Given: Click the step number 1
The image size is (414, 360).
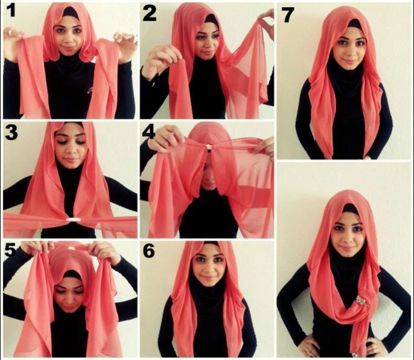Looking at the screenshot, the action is click(x=11, y=11).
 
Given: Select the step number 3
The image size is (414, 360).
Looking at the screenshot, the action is click(x=11, y=132).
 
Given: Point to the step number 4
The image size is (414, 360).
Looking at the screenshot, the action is click(x=148, y=132).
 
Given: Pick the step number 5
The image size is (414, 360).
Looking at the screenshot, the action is click(x=10, y=250).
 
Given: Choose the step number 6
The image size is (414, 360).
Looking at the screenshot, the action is click(x=148, y=251).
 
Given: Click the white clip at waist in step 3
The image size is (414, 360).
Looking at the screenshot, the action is click(x=71, y=220).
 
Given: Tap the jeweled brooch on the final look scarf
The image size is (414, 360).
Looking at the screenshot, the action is click(x=359, y=301).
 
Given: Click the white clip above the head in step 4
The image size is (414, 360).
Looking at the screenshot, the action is click(x=209, y=147).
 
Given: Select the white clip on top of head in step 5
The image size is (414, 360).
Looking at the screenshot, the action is click(x=71, y=248).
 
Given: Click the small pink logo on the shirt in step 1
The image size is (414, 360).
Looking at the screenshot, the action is click(x=89, y=91).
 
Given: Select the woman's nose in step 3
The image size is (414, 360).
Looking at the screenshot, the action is click(x=70, y=150).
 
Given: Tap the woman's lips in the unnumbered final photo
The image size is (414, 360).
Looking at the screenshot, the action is click(x=348, y=248).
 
